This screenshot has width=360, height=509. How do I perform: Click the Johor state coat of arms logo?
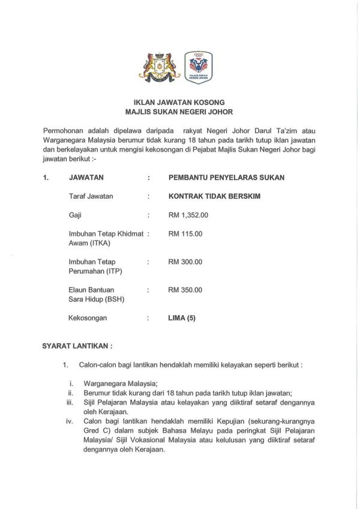tap(159, 67)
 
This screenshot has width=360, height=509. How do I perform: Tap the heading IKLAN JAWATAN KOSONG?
tap(179, 103)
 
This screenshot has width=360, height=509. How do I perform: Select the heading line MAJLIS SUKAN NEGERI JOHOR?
tap(179, 112)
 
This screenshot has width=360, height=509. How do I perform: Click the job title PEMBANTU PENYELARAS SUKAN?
tap(227, 178)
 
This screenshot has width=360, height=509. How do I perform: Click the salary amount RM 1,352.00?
tap(188, 214)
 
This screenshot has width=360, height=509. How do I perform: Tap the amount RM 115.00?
tap(185, 233)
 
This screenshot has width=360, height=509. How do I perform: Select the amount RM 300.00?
tap(185, 262)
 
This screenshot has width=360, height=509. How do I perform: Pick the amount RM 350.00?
tap(185, 290)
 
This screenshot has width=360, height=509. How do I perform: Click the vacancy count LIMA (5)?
tap(182, 318)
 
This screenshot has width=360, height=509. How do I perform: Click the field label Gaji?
tap(76, 214)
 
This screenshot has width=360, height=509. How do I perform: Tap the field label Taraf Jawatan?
tap(91, 196)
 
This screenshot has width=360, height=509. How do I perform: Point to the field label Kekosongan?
tap(88, 318)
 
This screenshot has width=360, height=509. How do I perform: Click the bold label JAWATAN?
tap(86, 178)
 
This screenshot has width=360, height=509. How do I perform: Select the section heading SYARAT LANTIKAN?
tap(77, 346)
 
